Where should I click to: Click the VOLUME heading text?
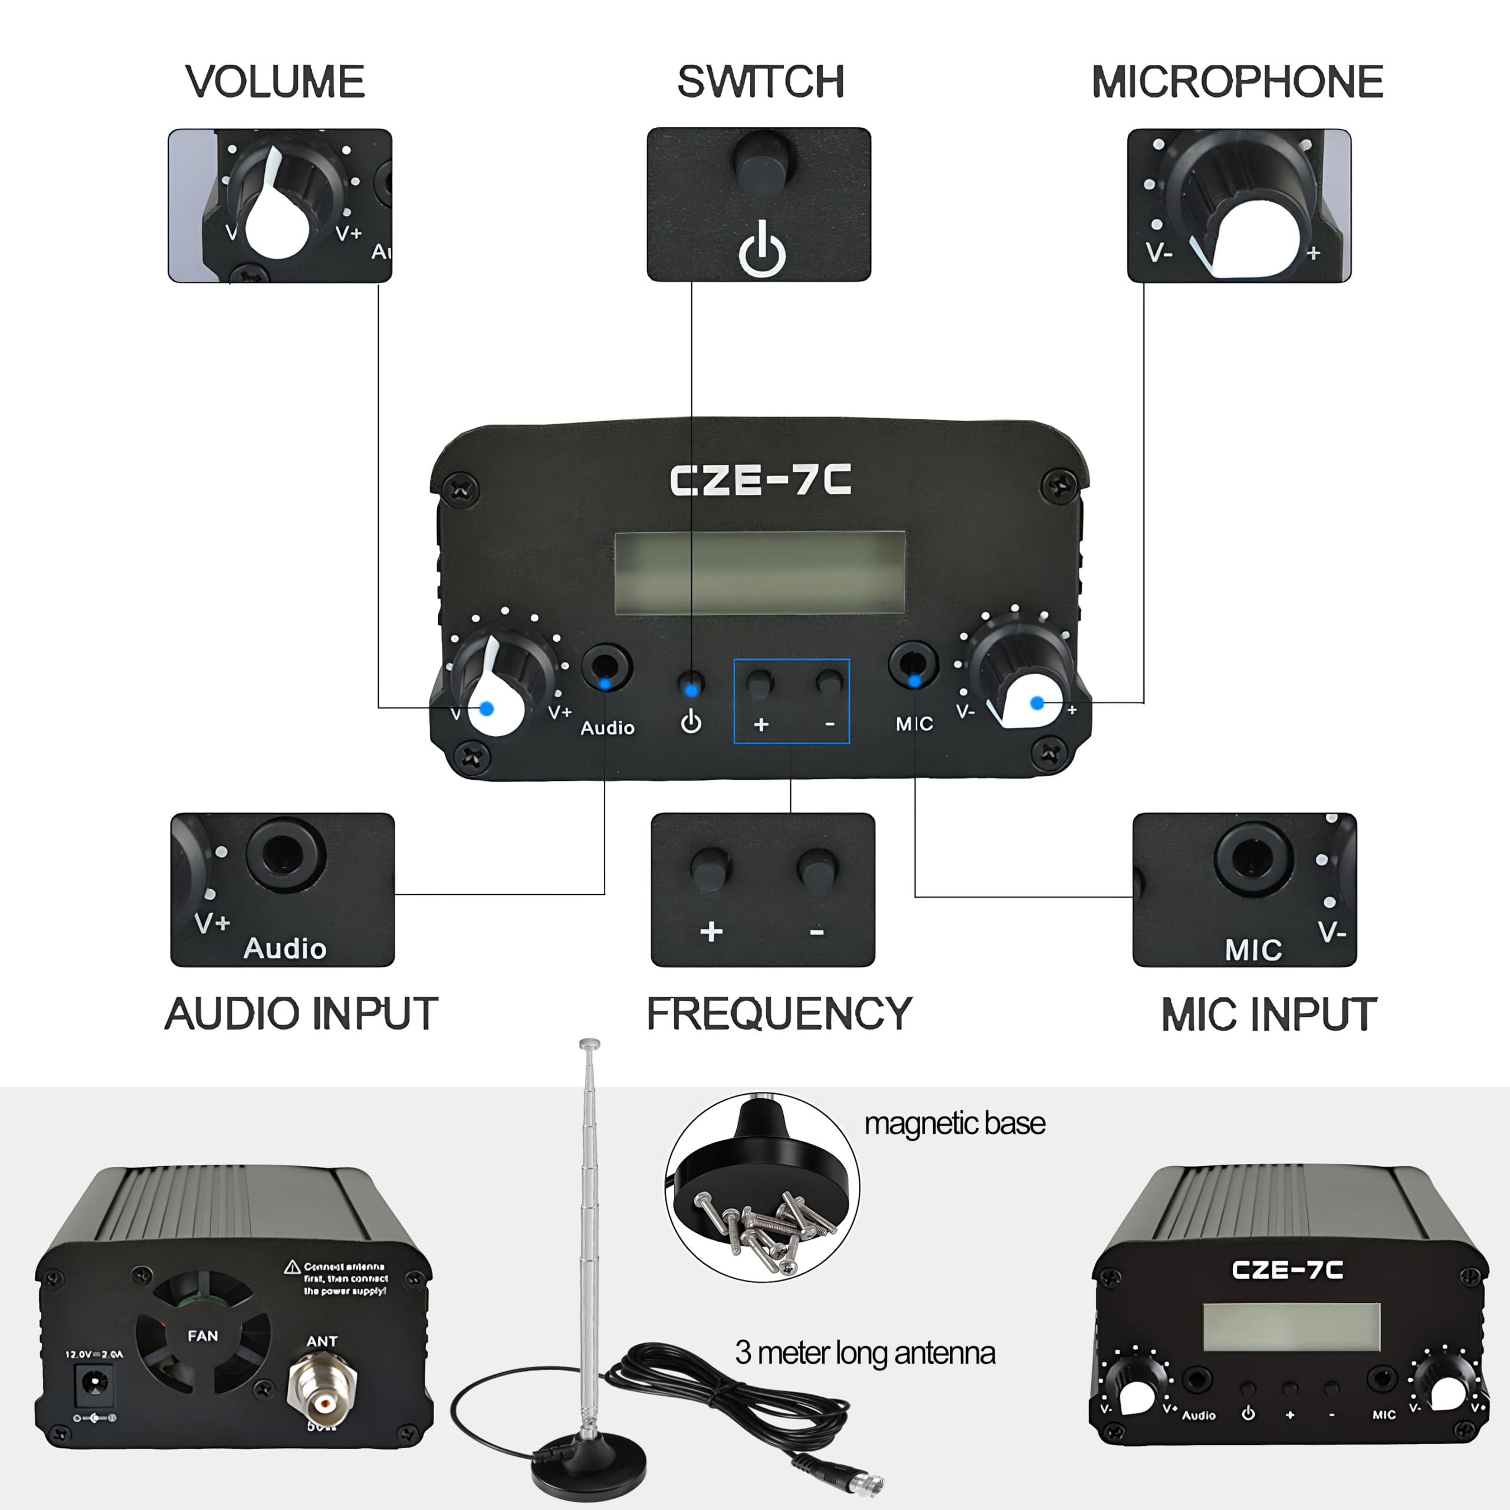[x=274, y=82]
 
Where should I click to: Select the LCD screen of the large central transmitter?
[x=760, y=573]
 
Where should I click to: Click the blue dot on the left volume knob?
[x=486, y=708]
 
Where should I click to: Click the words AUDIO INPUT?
[x=301, y=1014]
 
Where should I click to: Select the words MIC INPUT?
[x=1269, y=1015]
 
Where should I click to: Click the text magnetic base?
[x=954, y=1123]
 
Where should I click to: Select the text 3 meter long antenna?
[x=865, y=1352]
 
